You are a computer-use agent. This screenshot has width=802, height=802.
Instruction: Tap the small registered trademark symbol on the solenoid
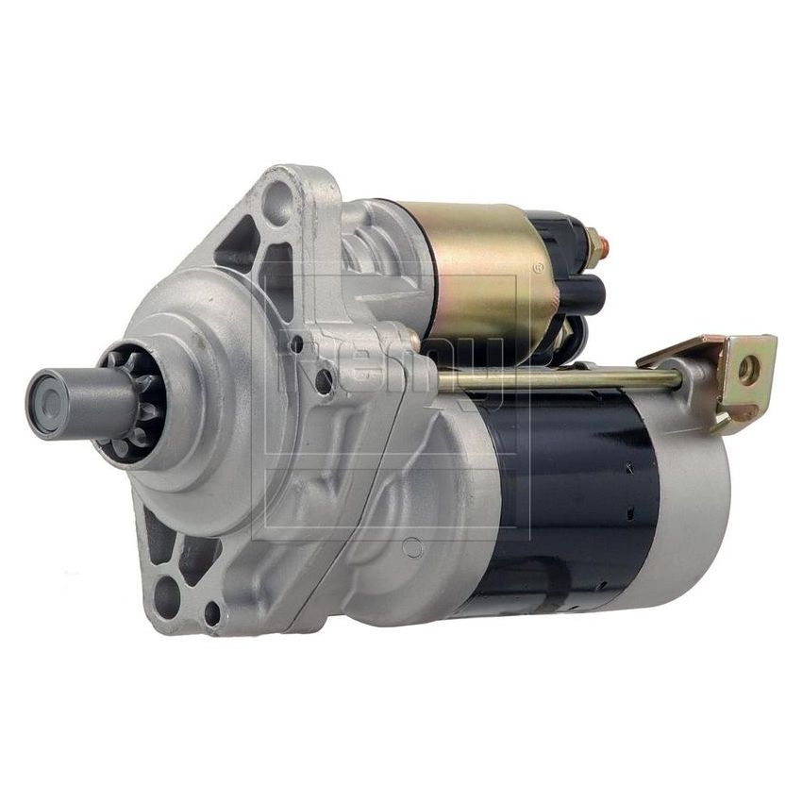coord(538,268)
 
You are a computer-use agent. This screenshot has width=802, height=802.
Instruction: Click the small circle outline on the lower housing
coord(411,544)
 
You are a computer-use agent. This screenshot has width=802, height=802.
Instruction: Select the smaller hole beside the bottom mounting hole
coord(212,616)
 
